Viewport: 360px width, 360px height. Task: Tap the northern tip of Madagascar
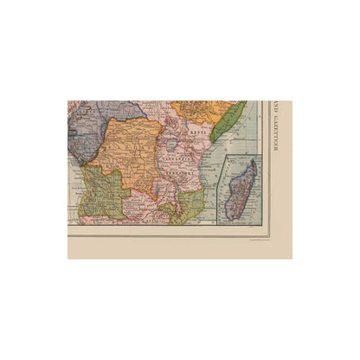[x=253, y=162]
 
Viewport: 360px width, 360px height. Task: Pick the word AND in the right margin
[x=277, y=110]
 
